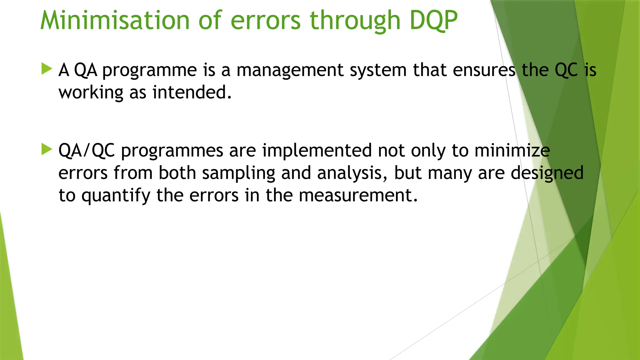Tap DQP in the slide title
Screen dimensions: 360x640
433,21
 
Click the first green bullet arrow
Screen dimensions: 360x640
47,69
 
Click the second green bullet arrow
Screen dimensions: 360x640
47,149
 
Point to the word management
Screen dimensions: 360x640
290,70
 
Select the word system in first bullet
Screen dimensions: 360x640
378,70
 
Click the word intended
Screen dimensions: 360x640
192,92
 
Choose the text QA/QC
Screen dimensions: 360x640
87,151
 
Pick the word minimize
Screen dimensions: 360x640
512,151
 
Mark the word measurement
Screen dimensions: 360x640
358,196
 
